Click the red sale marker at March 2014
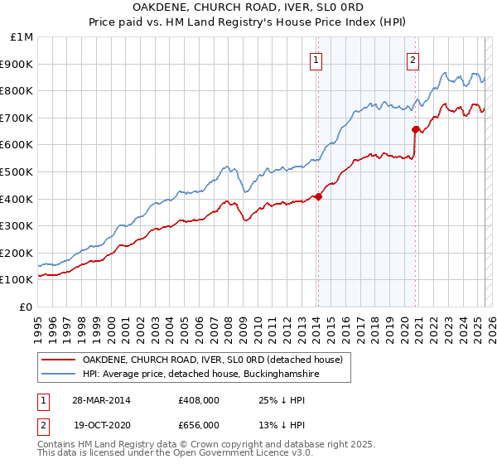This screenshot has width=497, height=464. (x=318, y=196)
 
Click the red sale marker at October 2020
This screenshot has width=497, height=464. (x=415, y=129)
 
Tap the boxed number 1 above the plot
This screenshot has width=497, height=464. (x=317, y=59)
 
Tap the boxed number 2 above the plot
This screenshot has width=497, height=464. (x=413, y=59)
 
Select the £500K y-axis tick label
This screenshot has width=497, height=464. (x=18, y=172)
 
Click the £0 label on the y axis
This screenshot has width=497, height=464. (x=25, y=307)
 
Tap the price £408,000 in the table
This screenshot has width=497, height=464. (x=199, y=400)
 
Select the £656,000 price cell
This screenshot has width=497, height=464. (x=199, y=424)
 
